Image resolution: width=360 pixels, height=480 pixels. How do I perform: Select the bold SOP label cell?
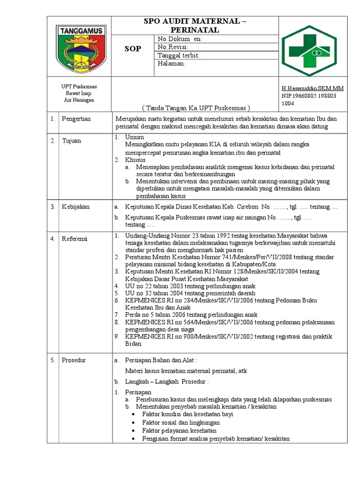132,49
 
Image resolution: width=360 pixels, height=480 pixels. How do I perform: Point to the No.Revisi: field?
173,47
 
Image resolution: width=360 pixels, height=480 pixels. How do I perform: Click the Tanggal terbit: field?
179,55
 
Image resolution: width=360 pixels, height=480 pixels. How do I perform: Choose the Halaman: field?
172,63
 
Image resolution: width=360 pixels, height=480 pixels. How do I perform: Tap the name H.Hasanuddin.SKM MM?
312,88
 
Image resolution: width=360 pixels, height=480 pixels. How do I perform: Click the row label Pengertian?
76,119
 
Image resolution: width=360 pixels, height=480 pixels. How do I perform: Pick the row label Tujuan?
72,141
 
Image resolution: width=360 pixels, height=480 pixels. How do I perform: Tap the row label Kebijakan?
75,207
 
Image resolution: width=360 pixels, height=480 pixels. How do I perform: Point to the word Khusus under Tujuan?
135,160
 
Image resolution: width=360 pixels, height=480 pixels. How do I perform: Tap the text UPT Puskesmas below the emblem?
79,87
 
